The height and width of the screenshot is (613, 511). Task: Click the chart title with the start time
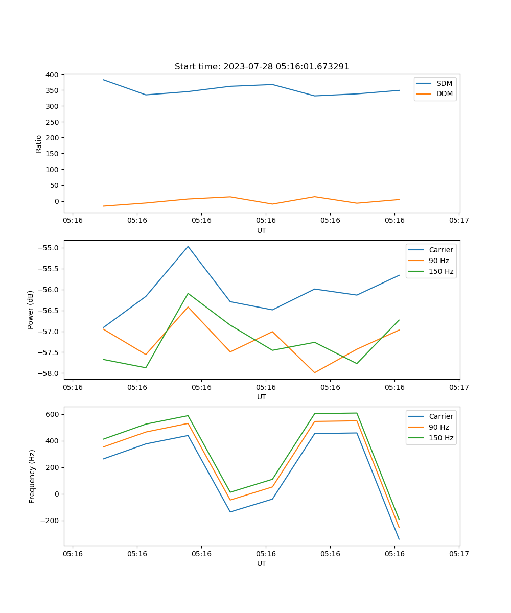(262, 67)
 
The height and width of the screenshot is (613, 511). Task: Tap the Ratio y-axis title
(39, 144)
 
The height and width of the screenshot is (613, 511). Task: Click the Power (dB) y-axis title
(31, 310)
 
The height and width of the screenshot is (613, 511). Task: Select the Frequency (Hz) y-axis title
(32, 476)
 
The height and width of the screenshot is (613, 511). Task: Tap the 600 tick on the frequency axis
(53, 414)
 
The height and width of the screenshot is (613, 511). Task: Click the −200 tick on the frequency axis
(50, 521)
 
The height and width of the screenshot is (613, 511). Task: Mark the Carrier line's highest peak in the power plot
(188, 246)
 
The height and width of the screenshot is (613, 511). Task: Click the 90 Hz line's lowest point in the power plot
(314, 372)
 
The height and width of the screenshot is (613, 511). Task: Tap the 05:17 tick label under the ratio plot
(458, 221)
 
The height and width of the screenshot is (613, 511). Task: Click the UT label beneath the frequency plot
(262, 563)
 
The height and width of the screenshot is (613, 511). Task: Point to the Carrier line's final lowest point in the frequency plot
(399, 539)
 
